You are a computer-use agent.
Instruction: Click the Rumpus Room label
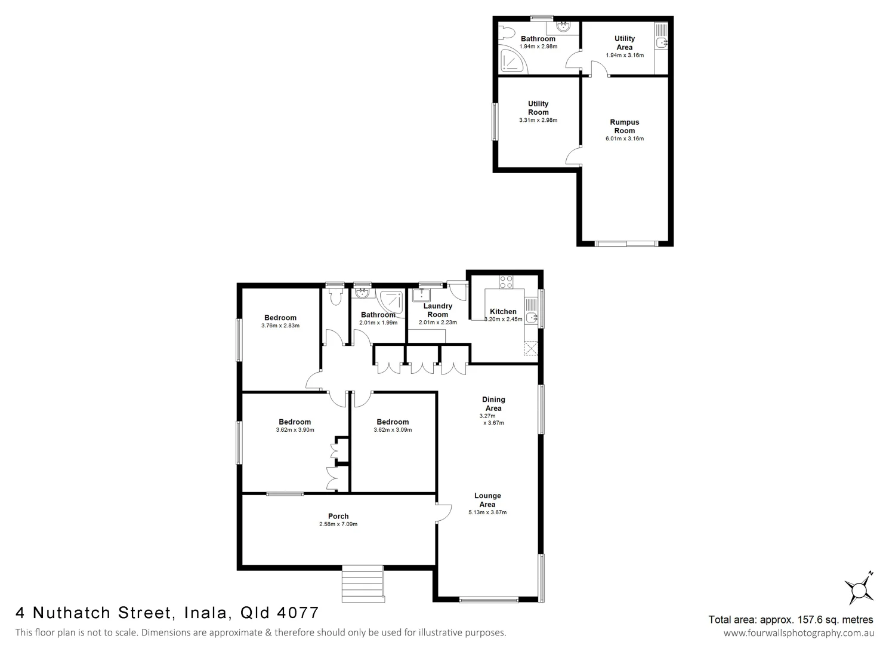pos(624,126)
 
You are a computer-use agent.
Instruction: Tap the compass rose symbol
pos(859,589)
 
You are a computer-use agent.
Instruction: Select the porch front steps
pos(362,584)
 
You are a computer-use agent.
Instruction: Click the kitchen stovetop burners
pos(506,281)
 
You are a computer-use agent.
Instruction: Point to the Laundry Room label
pos(437,310)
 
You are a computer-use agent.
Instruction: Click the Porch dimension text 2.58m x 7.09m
pos(338,524)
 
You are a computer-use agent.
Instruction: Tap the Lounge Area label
pos(487,500)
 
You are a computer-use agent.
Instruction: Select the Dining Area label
pos(493,404)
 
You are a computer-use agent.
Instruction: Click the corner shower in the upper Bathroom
pos(513,60)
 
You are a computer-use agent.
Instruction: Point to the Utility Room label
pos(538,107)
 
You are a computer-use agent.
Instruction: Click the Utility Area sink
pos(662,42)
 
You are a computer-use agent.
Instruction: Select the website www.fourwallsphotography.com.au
pos(798,633)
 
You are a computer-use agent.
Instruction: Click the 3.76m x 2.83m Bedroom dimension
pos(280,326)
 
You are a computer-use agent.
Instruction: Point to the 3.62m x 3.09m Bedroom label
pos(393,422)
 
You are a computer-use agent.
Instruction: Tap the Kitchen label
pos(503,311)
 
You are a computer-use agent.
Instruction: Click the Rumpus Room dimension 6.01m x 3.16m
pos(624,139)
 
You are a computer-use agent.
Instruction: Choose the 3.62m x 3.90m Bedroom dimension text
pos(295,430)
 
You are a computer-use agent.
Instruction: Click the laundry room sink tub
pos(422,295)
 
